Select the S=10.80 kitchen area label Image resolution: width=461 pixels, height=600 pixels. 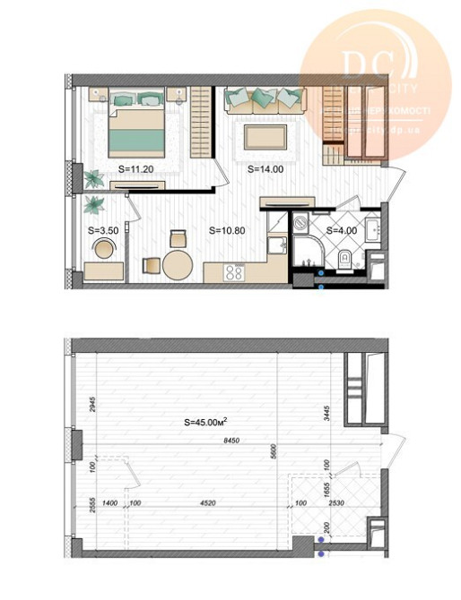point(227,230)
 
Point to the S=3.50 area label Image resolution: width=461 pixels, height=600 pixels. point(104,230)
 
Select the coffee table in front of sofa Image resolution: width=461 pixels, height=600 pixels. point(265,135)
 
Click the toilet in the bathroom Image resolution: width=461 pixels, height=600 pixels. point(345,261)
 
